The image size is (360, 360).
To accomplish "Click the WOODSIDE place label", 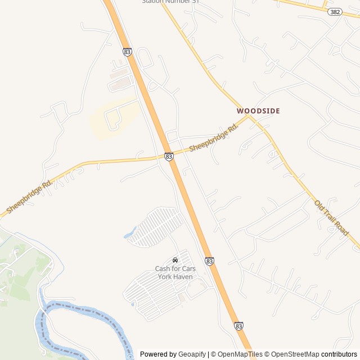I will (x=258, y=111).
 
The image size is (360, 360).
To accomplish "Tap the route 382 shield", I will (x=335, y=11).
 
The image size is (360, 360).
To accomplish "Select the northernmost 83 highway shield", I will (x=127, y=52).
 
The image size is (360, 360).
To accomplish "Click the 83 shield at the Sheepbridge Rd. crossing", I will (x=169, y=156).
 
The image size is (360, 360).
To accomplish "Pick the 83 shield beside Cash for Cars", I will (x=210, y=261).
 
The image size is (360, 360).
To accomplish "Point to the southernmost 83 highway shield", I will (x=239, y=326).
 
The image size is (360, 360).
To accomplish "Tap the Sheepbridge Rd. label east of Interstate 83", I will (x=214, y=137).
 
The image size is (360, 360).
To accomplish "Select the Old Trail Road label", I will (x=331, y=218).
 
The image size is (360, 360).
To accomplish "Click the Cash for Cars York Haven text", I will (x=175, y=272).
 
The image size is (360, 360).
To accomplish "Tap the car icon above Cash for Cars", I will (x=175, y=260).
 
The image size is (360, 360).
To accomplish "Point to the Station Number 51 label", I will (x=170, y=2).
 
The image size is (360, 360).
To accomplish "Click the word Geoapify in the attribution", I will (x=192, y=354).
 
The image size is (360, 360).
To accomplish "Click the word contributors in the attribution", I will (x=339, y=354).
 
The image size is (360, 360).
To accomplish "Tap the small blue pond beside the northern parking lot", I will (x=130, y=232).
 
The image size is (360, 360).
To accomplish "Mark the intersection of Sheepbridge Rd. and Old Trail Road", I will (x=249, y=116).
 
